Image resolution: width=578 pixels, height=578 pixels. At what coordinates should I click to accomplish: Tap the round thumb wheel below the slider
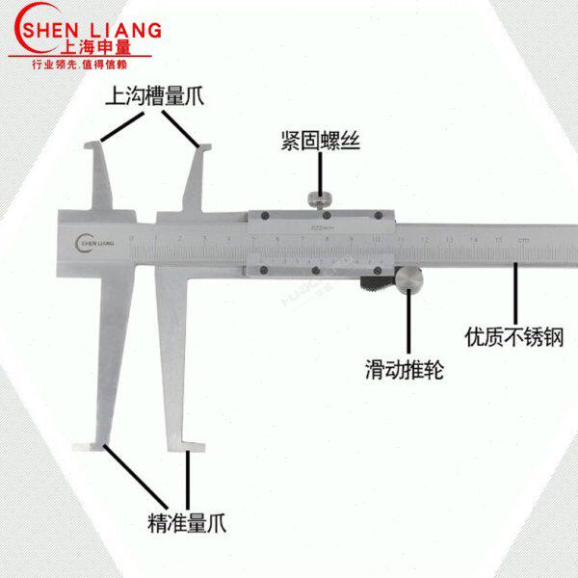point(408,281)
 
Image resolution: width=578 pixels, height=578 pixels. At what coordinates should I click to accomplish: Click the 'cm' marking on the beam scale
point(522,239)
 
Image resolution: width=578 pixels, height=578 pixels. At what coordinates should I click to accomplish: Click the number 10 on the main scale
point(376,238)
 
